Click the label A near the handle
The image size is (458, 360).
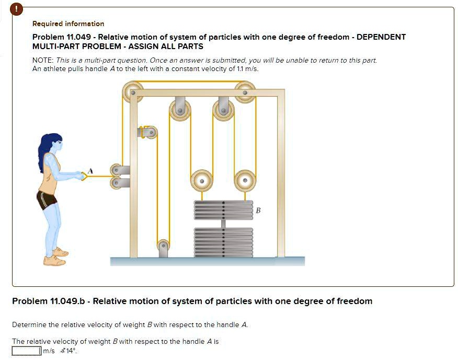tap(90, 170)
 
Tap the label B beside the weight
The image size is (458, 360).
tap(258, 210)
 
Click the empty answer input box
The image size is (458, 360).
tap(26, 351)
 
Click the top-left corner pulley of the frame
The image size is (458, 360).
tap(132, 92)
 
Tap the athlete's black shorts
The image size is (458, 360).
tap(46, 200)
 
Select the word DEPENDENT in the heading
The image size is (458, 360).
tap(381, 37)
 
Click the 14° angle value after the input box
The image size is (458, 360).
tap(71, 351)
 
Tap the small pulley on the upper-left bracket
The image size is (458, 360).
tap(151, 133)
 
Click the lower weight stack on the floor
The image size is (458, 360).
tap(223, 241)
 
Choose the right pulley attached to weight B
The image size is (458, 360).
tap(245, 180)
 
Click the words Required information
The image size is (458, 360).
tap(68, 24)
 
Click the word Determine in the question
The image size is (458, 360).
tap(29, 324)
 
